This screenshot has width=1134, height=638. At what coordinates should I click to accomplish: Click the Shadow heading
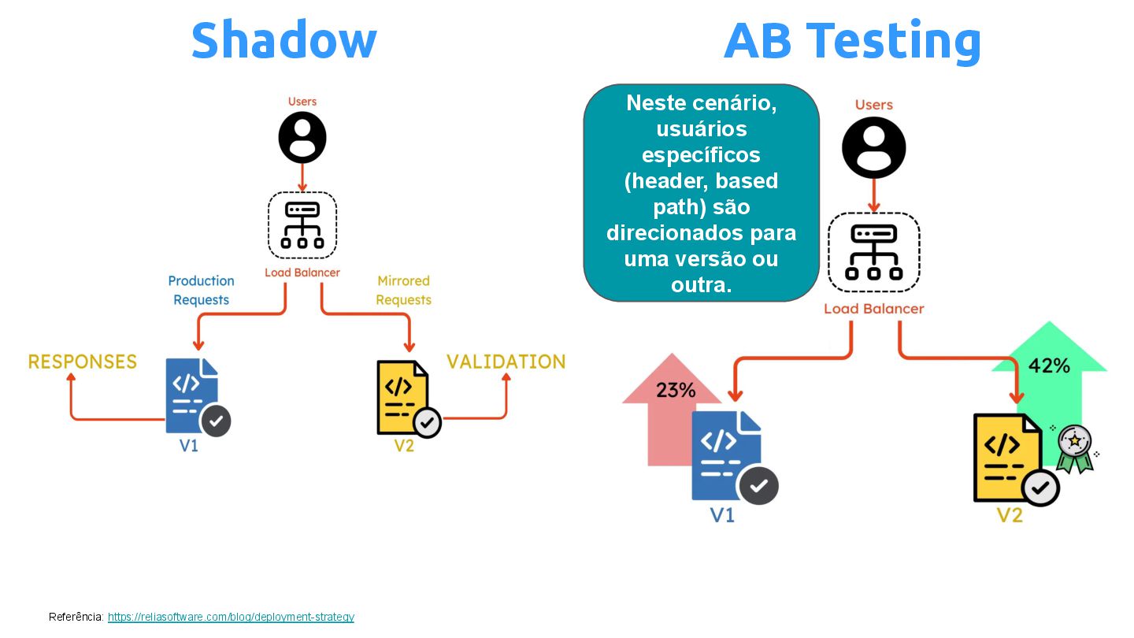[x=283, y=41]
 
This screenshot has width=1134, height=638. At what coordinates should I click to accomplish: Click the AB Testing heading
[x=852, y=41]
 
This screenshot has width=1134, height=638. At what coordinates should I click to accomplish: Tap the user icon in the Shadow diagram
[x=302, y=137]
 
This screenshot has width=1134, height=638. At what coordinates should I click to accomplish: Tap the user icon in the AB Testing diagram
[x=873, y=147]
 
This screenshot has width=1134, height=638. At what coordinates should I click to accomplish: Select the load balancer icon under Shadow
[x=302, y=225]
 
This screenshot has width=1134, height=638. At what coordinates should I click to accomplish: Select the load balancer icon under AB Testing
[x=873, y=252]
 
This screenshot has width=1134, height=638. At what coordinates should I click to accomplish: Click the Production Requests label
[x=201, y=290]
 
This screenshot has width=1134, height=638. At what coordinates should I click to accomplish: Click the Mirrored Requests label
[x=403, y=290]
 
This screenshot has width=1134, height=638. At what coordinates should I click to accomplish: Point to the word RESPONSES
[x=83, y=362]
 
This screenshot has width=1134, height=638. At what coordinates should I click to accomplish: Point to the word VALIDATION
[x=506, y=362]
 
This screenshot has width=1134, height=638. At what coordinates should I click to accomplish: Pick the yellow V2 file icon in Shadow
[x=402, y=396]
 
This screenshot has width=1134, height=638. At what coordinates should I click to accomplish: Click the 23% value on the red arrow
[x=676, y=390]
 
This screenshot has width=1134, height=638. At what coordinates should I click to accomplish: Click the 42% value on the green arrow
[x=1049, y=365]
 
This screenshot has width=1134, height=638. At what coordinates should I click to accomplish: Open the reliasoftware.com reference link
[x=231, y=617]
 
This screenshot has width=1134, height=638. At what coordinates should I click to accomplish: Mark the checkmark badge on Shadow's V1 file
[x=216, y=421]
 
